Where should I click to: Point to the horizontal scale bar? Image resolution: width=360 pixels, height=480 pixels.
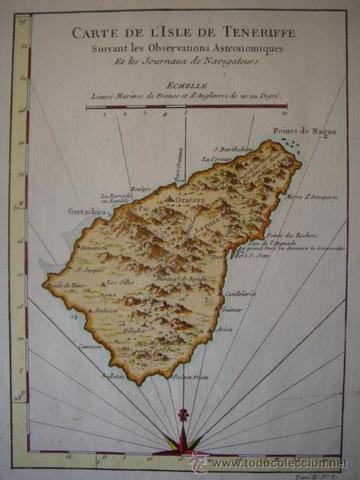pyautogui.click(x=186, y=106)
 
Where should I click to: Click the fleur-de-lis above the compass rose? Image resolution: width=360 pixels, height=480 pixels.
pyautogui.click(x=182, y=412)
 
